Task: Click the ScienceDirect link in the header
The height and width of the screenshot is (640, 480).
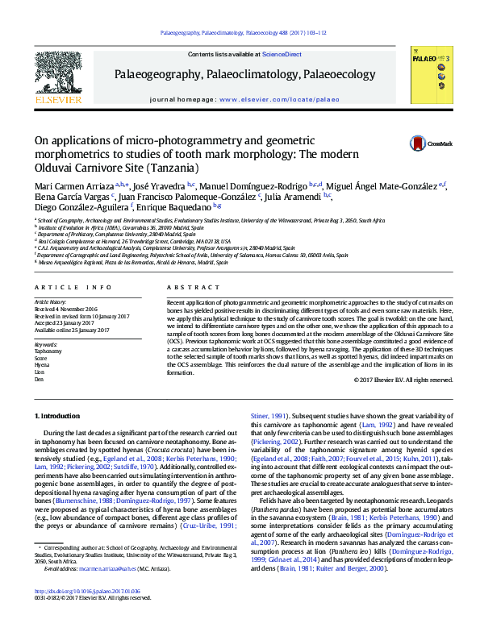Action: [x=282, y=54]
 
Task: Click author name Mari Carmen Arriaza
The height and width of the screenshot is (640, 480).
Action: [x=73, y=186]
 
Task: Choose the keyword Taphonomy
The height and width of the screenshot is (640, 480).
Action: [x=48, y=329]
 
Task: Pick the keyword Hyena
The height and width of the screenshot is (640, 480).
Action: [x=43, y=342]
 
